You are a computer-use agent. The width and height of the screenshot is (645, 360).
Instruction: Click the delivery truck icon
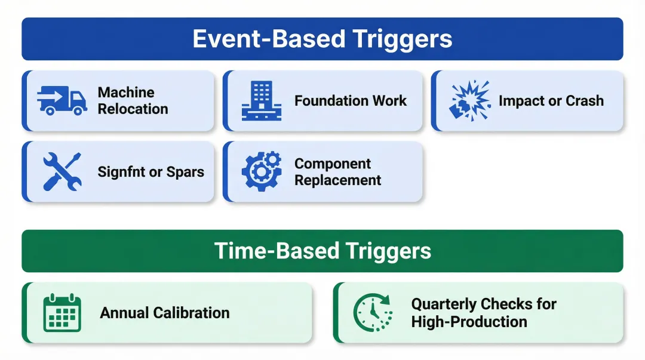[x=62, y=100]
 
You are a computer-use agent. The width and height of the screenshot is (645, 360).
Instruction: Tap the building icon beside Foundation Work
[x=261, y=100]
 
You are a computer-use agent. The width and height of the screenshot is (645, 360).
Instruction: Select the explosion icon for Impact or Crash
[x=469, y=100]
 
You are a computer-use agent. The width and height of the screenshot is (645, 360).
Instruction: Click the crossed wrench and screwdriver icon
[x=62, y=171]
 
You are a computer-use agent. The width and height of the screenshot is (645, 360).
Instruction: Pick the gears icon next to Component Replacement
[x=261, y=171]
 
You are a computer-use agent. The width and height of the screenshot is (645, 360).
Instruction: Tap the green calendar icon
[x=62, y=312]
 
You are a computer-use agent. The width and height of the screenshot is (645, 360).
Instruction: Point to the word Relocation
[x=133, y=109]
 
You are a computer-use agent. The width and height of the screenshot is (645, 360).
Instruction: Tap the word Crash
[x=585, y=101]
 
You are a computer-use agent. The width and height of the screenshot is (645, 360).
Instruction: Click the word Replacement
[x=337, y=180]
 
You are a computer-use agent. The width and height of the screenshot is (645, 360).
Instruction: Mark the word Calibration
[x=191, y=313]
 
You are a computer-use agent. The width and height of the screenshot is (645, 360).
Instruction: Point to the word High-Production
[x=469, y=322]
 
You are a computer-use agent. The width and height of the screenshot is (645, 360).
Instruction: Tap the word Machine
[x=126, y=93]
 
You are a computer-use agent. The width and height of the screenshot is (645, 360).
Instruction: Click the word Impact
[x=521, y=101]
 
